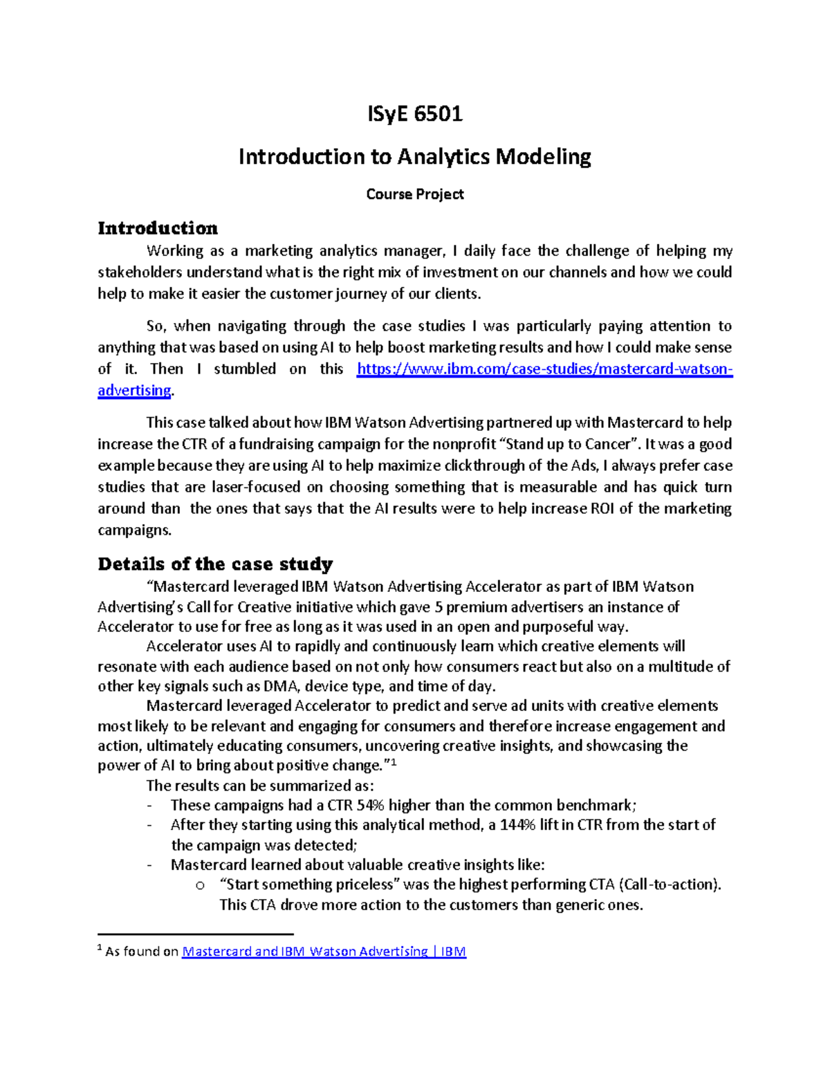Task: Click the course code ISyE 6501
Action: (x=415, y=113)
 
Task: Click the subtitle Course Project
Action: (x=415, y=194)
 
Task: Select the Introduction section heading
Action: (x=158, y=228)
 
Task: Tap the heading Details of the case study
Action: (x=215, y=564)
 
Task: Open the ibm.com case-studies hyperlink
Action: (x=544, y=369)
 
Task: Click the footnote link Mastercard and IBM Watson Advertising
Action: (x=324, y=952)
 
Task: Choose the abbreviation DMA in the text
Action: (x=282, y=687)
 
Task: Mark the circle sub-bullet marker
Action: (x=201, y=885)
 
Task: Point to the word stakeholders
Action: (x=140, y=272)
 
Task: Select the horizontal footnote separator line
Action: (x=196, y=934)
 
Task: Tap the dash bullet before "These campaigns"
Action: (x=150, y=806)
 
